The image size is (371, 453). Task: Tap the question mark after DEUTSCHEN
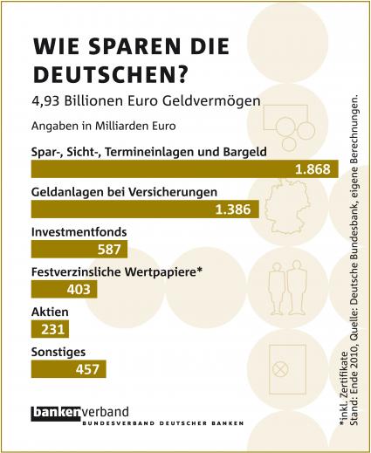coord(182,74)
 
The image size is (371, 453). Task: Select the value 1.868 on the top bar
coord(313,169)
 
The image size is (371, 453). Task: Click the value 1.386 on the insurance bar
coord(233,209)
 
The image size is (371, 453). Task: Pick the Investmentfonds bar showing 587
coord(79,250)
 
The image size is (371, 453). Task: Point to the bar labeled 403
coord(65,289)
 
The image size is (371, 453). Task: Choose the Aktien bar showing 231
coord(50,329)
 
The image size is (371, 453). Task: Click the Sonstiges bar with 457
coord(69,369)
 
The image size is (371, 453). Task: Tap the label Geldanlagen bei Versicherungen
coord(124,192)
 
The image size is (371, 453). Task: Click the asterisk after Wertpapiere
coord(199,270)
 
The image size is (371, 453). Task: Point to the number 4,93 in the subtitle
coord(46,101)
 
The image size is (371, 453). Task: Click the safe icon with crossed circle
coord(287,369)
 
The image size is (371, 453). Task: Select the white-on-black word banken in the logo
coord(56,413)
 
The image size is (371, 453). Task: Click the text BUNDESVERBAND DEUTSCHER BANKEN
coord(163,423)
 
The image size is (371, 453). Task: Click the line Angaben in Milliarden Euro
coord(104,127)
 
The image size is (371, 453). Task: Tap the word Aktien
coord(50,312)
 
